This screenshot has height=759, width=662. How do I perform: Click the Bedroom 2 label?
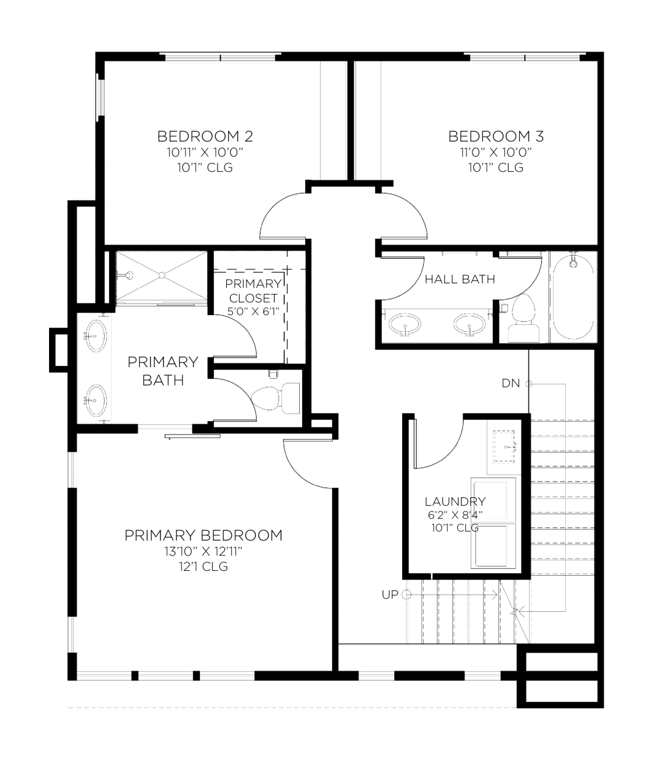click(205, 137)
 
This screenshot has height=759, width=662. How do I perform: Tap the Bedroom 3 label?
click(496, 137)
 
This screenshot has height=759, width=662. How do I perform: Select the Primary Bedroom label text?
click(204, 535)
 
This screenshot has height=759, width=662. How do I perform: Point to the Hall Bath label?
click(460, 279)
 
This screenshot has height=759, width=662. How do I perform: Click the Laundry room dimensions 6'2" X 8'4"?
click(455, 515)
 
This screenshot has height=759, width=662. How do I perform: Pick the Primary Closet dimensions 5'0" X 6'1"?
click(253, 311)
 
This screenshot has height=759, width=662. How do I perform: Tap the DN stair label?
click(511, 383)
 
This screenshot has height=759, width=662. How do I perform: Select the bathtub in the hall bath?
click(573, 297)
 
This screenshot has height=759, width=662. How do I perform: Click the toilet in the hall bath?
click(523, 318)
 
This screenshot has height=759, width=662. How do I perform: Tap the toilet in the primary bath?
click(276, 399)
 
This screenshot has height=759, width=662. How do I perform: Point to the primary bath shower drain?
click(162, 275)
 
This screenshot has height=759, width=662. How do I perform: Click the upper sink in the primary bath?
click(94, 336)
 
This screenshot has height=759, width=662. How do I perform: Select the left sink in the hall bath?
click(405, 324)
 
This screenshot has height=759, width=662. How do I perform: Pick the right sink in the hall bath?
click(470, 324)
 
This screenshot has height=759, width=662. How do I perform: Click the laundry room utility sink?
click(504, 446)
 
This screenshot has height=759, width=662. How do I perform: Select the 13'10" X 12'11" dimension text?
click(204, 552)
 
